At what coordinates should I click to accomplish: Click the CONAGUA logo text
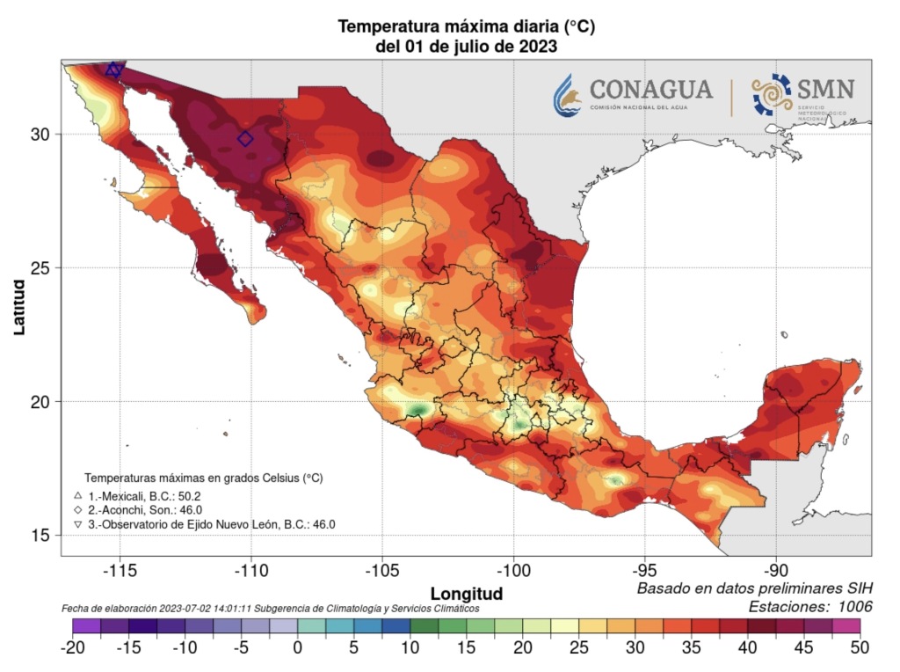650,90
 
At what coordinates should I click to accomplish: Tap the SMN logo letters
825,89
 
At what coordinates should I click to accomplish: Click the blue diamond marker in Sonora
245,139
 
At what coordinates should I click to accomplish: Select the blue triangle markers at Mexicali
113,69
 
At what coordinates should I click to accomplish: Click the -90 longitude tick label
775,570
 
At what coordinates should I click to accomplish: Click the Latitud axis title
19,306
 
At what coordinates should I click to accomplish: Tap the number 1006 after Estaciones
854,606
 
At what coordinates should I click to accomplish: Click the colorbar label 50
859,647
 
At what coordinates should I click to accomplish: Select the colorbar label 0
297,647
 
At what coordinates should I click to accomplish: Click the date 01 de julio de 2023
467,46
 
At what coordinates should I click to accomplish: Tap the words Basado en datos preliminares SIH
754,588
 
